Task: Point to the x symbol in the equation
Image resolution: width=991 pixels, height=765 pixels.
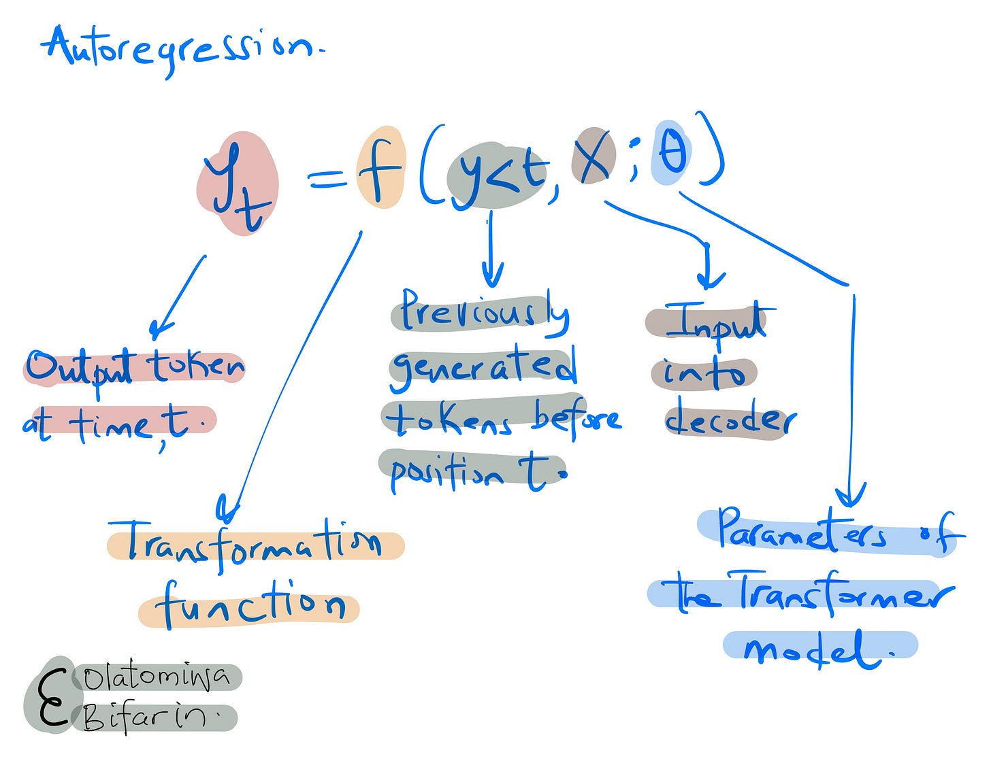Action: [x=593, y=156]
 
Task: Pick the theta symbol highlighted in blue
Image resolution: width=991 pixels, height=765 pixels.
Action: [x=672, y=153]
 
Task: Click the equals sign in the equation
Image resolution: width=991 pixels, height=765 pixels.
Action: [x=329, y=180]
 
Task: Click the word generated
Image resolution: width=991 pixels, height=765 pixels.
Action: [x=483, y=367]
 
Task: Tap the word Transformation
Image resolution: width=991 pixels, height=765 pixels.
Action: [x=255, y=545]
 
